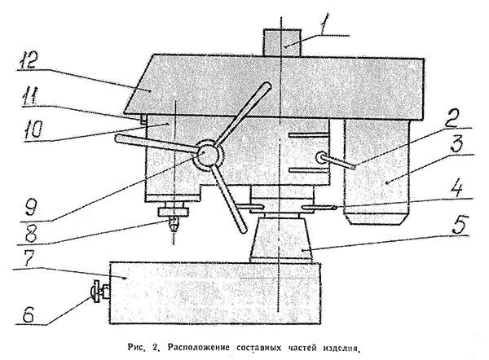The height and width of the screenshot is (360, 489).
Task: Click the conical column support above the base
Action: [x=281, y=240]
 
